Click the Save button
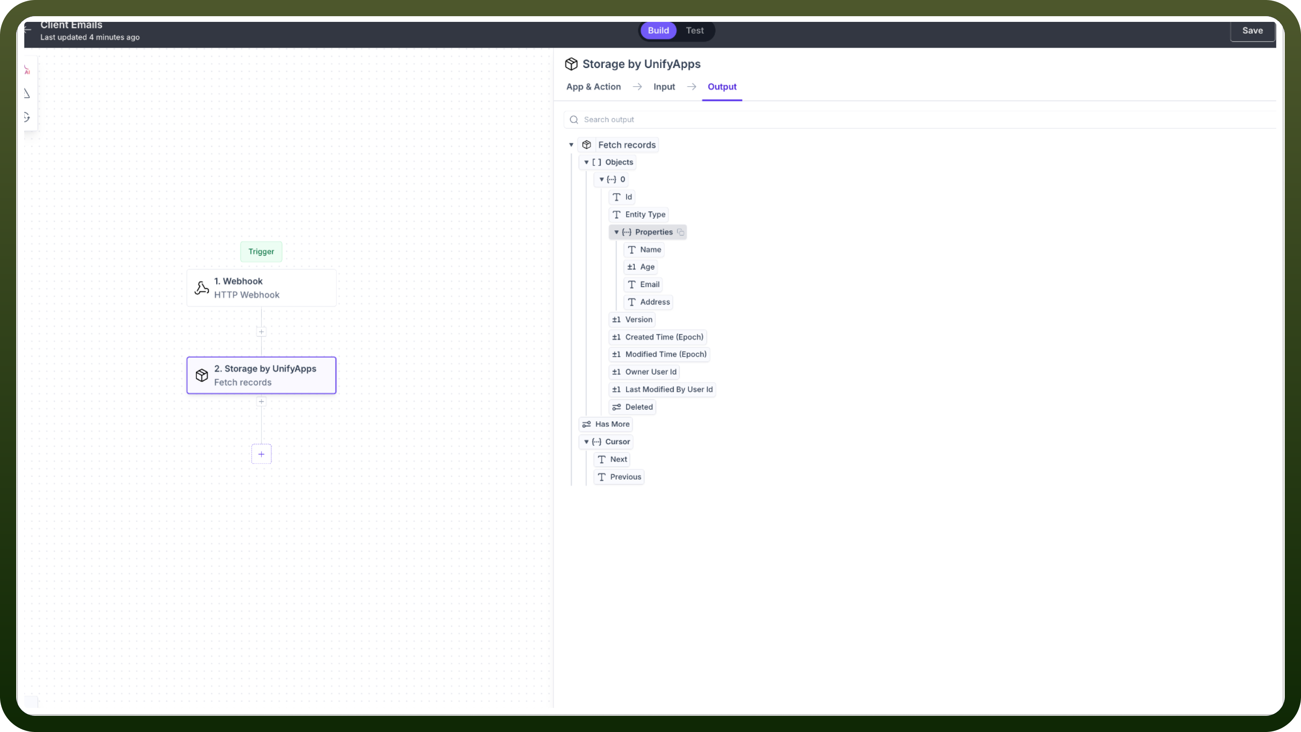(1252, 30)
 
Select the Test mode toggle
(695, 30)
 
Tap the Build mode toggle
(658, 30)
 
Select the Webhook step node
(261, 287)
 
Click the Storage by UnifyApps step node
(261, 375)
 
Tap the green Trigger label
(261, 251)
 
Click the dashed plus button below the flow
(261, 453)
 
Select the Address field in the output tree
(648, 302)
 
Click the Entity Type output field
(638, 214)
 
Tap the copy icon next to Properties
(680, 232)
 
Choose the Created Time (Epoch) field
(657, 337)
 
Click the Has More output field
(606, 424)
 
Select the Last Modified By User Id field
(662, 389)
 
